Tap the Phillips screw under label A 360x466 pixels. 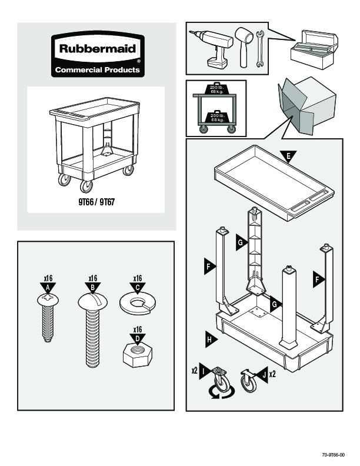coord(47,318)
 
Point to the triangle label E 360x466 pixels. coord(288,156)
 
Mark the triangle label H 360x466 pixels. coord(209,338)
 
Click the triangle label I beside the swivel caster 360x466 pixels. coord(202,371)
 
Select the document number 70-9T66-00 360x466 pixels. coord(333,455)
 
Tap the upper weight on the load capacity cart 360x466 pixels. coord(216,89)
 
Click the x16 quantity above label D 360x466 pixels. coord(137,329)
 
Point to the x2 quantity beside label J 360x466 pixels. coord(272,374)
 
